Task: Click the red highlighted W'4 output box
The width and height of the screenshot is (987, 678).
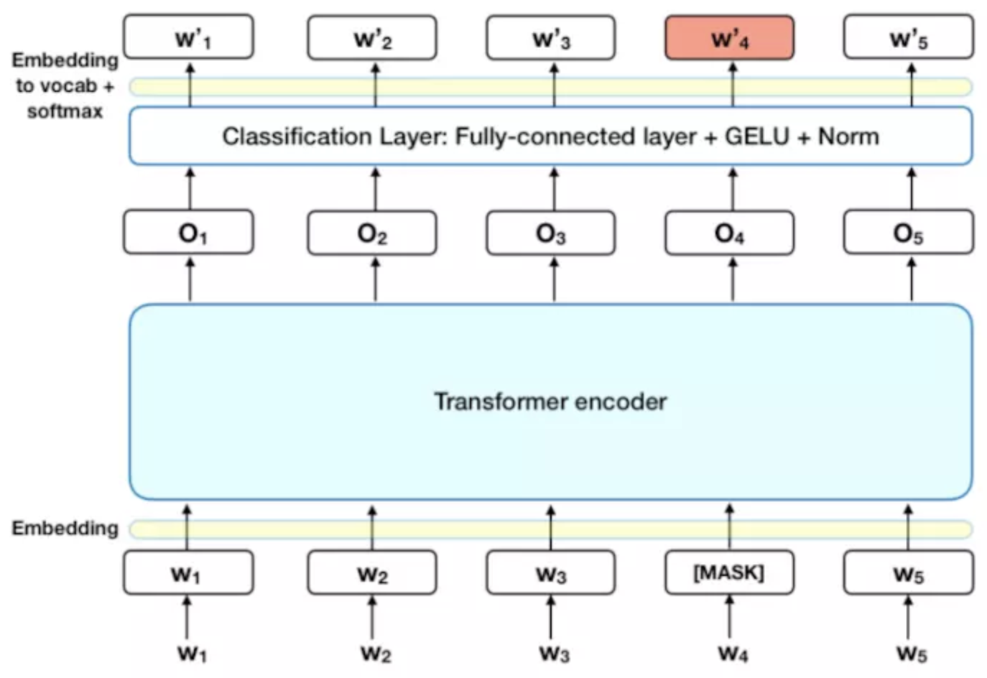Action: pyautogui.click(x=729, y=37)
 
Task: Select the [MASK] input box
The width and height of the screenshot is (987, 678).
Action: pyautogui.click(x=729, y=572)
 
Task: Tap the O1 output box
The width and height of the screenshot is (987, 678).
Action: pyautogui.click(x=188, y=232)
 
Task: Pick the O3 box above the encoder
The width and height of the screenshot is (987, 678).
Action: pyautogui.click(x=550, y=233)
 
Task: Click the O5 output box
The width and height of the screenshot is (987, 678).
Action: pyautogui.click(x=908, y=233)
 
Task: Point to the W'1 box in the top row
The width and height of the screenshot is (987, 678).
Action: pyautogui.click(x=188, y=37)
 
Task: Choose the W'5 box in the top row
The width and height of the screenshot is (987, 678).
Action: pyautogui.click(x=908, y=37)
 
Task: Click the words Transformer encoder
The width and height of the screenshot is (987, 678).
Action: pyautogui.click(x=550, y=401)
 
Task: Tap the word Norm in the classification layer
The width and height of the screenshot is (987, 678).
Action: pyautogui.click(x=848, y=136)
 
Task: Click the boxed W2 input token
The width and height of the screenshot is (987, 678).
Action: pyautogui.click(x=372, y=573)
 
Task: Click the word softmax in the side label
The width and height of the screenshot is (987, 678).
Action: pyautogui.click(x=65, y=111)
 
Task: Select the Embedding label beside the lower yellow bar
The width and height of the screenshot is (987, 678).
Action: pyautogui.click(x=65, y=528)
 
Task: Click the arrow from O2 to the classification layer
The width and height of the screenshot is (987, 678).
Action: pyautogui.click(x=375, y=188)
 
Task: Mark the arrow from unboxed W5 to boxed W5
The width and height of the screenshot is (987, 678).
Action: pyautogui.click(x=908, y=616)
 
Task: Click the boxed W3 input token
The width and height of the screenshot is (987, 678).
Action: pyautogui.click(x=550, y=573)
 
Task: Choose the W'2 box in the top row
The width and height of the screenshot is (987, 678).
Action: pyautogui.click(x=372, y=37)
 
